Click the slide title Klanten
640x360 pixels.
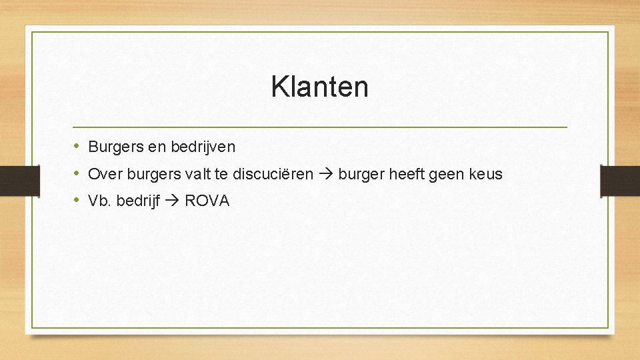319,87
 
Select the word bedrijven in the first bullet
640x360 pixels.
203,146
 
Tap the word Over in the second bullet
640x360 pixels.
103,174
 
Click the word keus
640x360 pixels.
487,174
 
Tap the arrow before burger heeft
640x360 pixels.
326,175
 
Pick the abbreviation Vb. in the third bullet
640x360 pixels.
100,201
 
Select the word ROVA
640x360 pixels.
207,201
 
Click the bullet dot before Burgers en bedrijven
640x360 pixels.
77,145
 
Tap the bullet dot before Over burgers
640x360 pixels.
77,173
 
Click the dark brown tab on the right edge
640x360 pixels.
620,180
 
